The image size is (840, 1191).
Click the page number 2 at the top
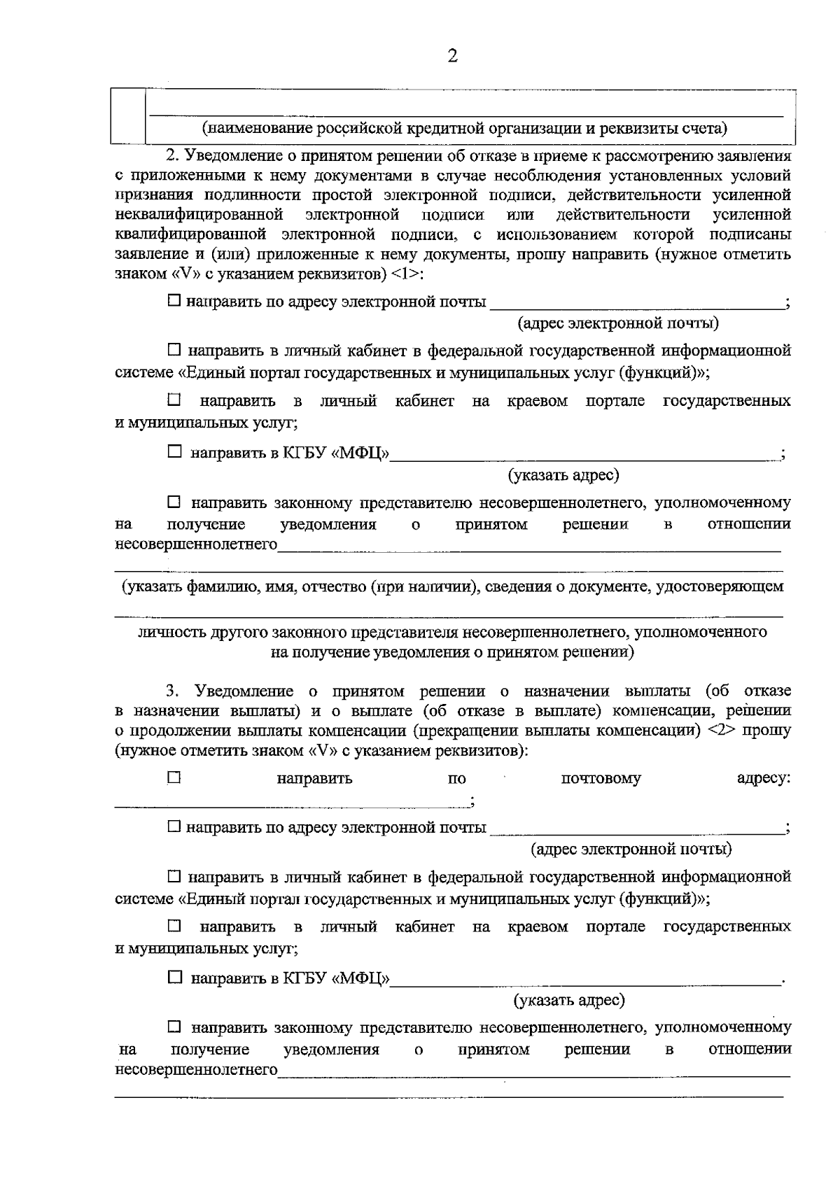[452, 57]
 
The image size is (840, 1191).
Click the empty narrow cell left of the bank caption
[128, 116]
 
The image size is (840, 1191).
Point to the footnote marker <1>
[407, 273]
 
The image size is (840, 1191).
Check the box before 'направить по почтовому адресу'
[174, 777]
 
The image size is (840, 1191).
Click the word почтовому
[601, 778]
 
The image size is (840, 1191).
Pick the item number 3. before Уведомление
[173, 691]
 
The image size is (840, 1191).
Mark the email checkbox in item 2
[174, 302]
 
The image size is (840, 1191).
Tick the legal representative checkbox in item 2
[174, 502]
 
